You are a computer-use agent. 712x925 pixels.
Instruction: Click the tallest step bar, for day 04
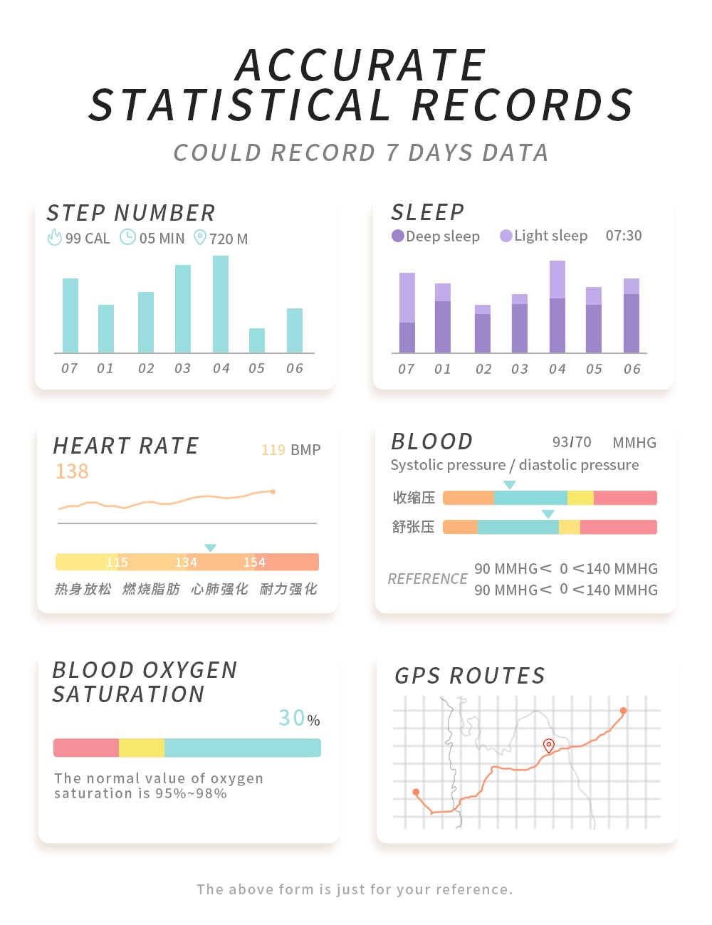pos(221,304)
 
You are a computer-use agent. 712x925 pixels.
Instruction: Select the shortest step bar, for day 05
pos(257,340)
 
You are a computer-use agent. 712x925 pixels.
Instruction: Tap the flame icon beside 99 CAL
pos(54,238)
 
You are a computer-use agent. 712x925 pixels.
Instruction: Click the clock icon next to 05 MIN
pos(127,237)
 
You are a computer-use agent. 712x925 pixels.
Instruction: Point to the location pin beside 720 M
pos(200,237)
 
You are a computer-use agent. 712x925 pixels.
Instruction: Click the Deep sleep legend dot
pos(398,236)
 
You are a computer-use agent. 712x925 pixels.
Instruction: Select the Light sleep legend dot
pos(506,236)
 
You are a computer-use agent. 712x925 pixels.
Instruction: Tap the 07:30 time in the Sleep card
pos(624,236)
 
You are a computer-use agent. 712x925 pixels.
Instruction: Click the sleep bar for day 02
pos(483,329)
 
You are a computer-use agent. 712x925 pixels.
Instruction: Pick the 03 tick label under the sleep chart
pos(520,369)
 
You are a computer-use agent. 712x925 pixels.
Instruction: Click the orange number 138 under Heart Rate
pos(72,471)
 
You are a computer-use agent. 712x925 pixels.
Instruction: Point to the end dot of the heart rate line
pos(273,491)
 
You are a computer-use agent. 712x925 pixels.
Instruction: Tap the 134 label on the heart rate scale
pos(186,563)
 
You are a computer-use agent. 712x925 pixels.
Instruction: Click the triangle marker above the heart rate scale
pos(210,548)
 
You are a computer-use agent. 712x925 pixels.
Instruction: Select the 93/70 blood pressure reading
pos(572,442)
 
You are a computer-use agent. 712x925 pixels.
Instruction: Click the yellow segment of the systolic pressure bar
pos(580,498)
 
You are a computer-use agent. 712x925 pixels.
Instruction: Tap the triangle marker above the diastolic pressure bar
pos(548,514)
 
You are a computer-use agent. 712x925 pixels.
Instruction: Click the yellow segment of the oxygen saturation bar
pos(142,748)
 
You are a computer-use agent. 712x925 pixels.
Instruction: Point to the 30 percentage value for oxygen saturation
pos(292,718)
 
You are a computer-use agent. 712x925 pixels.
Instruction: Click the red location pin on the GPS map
pos(548,746)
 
